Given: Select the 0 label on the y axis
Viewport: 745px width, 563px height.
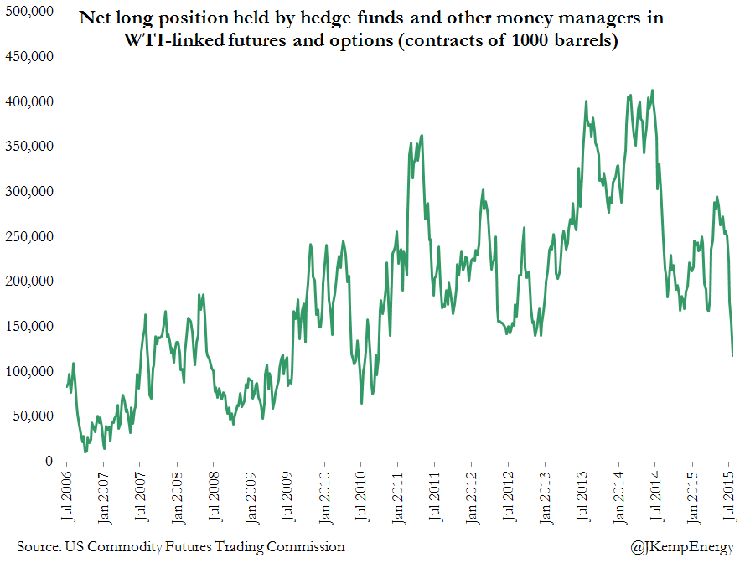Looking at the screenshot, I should pos(49,461).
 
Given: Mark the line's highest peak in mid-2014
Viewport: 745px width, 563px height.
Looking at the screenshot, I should pos(652,90).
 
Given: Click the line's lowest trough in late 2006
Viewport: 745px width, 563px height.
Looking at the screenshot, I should pos(85,452).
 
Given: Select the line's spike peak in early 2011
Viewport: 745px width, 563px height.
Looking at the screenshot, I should pos(422,135).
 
